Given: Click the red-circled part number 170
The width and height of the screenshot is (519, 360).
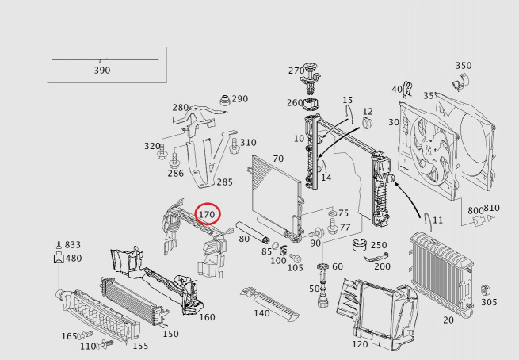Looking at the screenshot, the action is click(207, 215).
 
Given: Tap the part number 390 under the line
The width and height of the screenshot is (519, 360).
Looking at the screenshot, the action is click(102, 71).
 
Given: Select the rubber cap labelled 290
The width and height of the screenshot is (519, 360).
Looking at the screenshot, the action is click(225, 101).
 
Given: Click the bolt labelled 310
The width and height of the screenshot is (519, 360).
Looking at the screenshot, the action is click(234, 146).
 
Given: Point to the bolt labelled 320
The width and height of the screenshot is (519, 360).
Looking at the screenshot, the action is click(162, 152).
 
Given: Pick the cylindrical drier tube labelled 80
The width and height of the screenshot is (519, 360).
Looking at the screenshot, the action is click(253, 232).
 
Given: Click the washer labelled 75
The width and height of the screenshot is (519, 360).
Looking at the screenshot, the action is click(332, 213).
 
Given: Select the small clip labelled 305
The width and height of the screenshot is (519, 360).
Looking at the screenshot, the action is click(486, 290).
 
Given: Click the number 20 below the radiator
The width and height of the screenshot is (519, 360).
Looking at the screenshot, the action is click(448, 320).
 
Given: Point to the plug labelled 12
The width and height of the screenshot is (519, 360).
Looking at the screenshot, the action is click(368, 123).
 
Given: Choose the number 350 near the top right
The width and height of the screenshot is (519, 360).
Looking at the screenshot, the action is click(464, 66).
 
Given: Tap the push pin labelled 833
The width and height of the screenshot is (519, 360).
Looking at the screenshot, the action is click(59, 245).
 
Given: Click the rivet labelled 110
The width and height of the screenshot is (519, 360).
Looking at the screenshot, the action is click(105, 345).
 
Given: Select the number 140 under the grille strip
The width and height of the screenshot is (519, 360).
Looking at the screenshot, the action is click(261, 313).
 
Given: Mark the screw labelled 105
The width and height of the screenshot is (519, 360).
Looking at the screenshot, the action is click(295, 258).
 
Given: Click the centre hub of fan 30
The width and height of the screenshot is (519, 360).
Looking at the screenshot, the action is click(429, 150).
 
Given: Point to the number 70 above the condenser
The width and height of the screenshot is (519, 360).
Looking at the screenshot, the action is click(278, 159).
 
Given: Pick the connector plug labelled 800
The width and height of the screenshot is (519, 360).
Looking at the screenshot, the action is click(479, 221).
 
